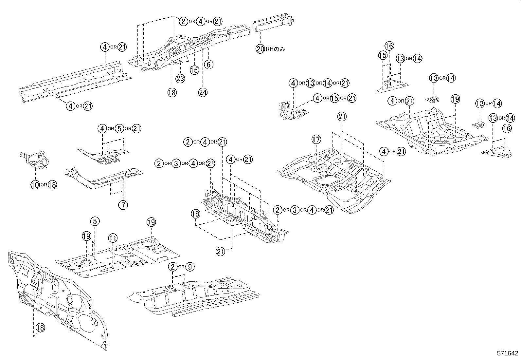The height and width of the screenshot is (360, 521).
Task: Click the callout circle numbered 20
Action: point(260,49)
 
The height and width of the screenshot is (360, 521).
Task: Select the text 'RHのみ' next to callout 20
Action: point(275,49)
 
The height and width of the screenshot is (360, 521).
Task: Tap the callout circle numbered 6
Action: point(208,65)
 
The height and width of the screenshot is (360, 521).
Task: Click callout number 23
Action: point(180,78)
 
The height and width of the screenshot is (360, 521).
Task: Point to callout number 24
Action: point(203,92)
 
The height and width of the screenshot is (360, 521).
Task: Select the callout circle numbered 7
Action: point(123,205)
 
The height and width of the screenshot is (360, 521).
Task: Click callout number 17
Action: point(316,140)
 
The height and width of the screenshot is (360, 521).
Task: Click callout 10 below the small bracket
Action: point(35,185)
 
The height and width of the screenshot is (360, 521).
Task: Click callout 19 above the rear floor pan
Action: point(455,99)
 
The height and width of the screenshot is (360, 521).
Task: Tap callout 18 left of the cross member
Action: point(195,214)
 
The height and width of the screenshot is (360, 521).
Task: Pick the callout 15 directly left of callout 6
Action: point(194,70)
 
